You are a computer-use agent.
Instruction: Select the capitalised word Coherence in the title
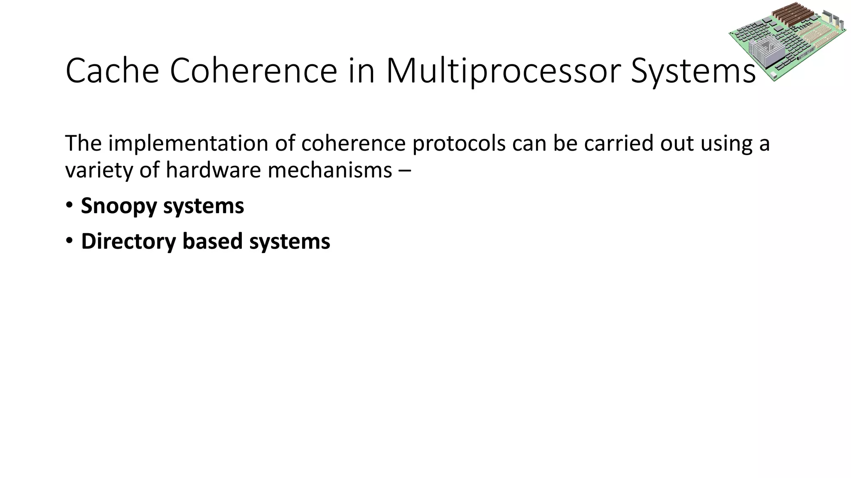(253, 71)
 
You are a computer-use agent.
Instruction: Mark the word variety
(99, 170)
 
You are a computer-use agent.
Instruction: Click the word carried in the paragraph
(614, 144)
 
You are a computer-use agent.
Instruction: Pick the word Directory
(128, 241)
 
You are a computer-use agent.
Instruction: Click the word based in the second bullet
(212, 241)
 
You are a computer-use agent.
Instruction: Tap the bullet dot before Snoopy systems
(69, 205)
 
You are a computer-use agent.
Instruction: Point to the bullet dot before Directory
(69, 241)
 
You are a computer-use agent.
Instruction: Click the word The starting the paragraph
(84, 144)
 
